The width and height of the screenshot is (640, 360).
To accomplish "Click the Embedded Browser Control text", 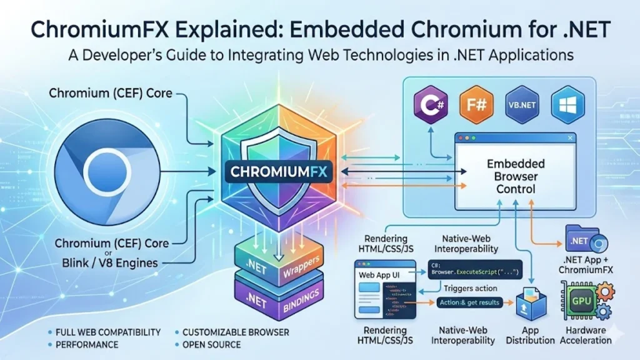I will click(515, 176).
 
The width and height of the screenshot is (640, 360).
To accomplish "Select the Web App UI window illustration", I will click(381, 294).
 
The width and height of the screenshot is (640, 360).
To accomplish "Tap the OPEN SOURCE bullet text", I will click(212, 344).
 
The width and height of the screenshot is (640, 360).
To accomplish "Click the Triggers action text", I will click(470, 288).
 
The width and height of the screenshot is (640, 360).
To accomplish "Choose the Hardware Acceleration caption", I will click(586, 334).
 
